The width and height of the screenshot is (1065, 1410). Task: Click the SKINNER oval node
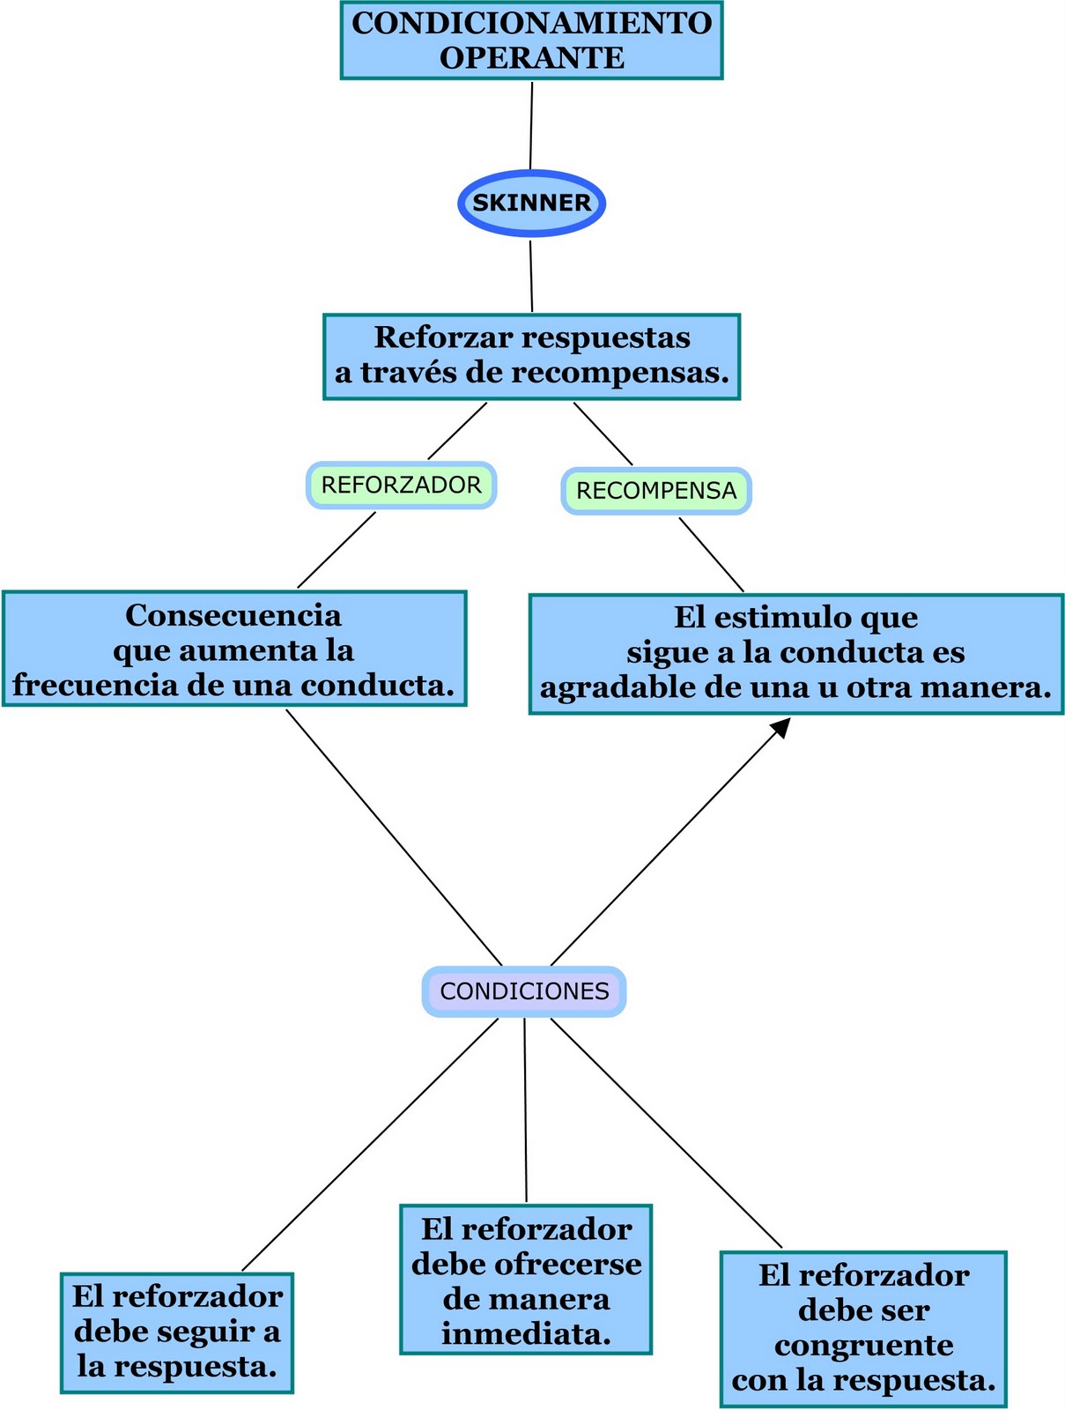tap(531, 203)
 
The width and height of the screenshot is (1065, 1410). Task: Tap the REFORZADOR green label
tap(401, 485)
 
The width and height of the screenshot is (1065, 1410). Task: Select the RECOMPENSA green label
tap(656, 491)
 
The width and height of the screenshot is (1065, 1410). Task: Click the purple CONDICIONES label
tap(524, 991)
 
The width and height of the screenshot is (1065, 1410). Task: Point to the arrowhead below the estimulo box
tap(780, 727)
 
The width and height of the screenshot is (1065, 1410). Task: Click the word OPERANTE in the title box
tap(531, 58)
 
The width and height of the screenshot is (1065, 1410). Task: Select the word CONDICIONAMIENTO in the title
tap(531, 23)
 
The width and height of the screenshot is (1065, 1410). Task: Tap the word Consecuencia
tap(233, 615)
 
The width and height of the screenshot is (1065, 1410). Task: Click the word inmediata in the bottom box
tap(525, 1334)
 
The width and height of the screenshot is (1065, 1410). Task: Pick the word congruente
tap(863, 1346)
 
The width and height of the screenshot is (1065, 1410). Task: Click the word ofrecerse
tap(567, 1265)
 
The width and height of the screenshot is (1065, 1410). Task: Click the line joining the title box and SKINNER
tap(531, 123)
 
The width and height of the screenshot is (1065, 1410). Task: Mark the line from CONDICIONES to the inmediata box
tap(525, 1110)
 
